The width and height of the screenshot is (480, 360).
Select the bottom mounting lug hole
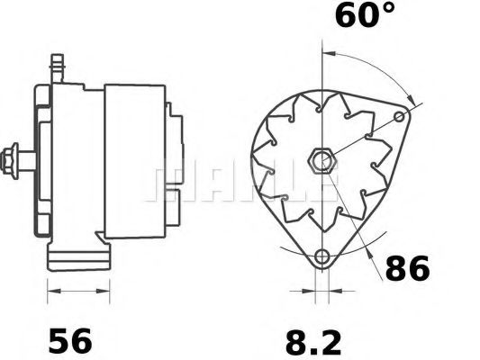point(321,256)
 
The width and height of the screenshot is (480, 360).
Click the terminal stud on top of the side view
point(59,66)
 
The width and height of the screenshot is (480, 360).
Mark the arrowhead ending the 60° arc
point(412,101)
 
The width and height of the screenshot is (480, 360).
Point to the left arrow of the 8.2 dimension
point(309,292)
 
